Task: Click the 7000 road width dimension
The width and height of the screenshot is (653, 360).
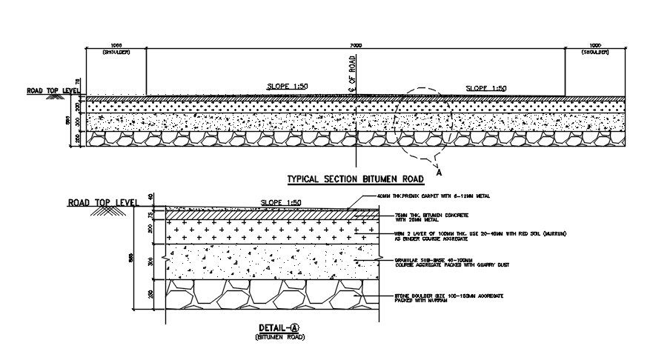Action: (x=356, y=45)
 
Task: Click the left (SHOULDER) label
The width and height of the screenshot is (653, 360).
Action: (x=117, y=53)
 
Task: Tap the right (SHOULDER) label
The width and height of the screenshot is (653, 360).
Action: (x=595, y=53)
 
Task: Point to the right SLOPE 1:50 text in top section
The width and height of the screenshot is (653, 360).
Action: (x=485, y=88)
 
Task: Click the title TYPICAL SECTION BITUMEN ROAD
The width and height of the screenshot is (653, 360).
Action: (x=355, y=179)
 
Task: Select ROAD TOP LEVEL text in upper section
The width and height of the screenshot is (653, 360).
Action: (x=53, y=91)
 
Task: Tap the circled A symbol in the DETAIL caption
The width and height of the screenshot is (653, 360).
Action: (x=294, y=327)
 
